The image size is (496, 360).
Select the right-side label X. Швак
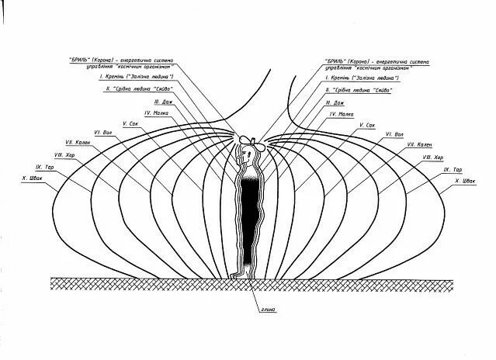pos(463,181)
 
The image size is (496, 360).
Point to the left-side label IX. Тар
pos(44,167)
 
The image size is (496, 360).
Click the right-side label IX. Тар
pos(453,168)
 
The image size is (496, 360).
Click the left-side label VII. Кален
pos(79,143)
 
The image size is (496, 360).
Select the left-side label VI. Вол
pos(104,132)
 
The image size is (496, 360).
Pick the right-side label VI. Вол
pos(394,133)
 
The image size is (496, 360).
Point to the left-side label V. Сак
pos(130,123)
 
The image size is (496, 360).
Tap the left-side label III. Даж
pos(162,101)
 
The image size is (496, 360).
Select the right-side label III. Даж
pos(335,102)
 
